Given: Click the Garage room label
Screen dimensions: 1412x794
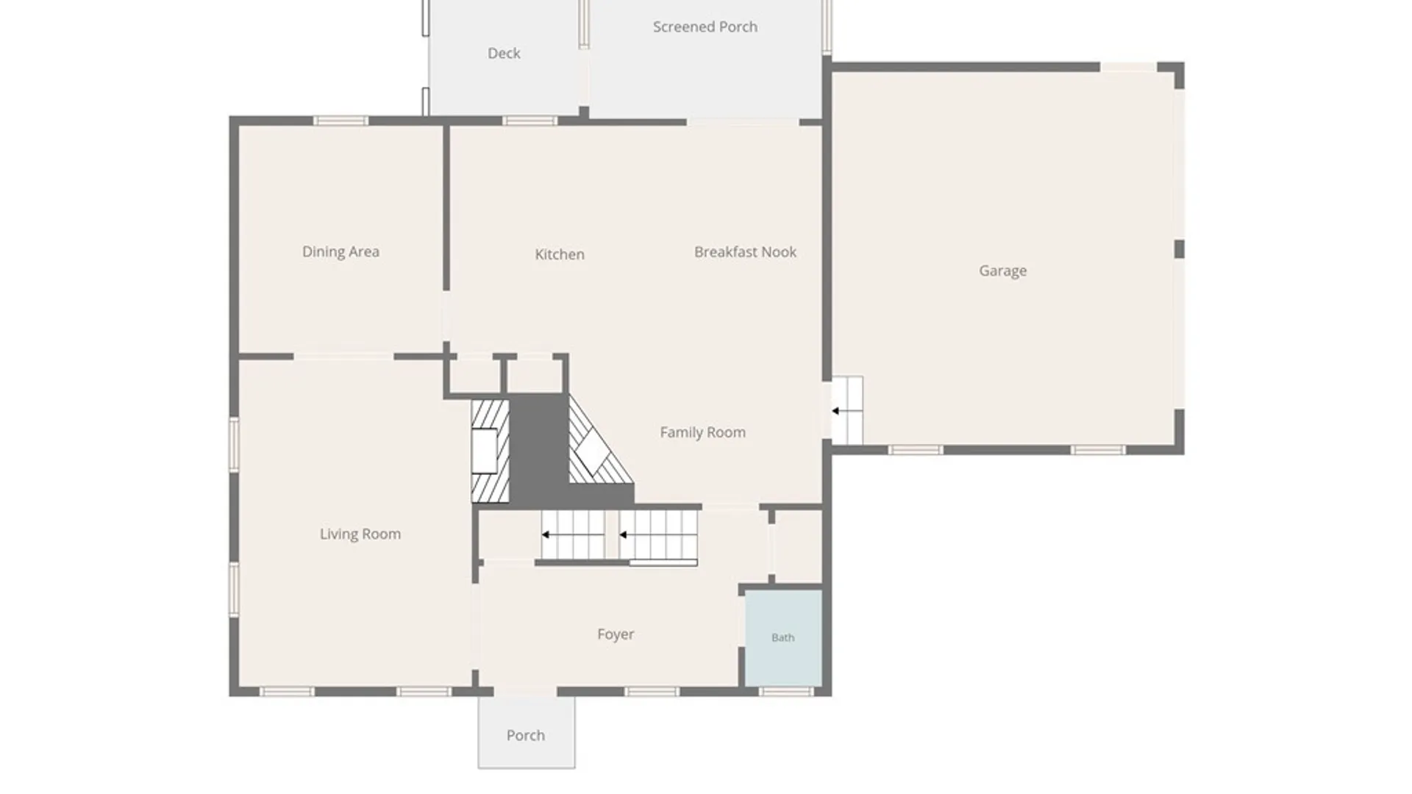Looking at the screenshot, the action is (1002, 271).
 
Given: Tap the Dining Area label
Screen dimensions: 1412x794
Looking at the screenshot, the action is (340, 251).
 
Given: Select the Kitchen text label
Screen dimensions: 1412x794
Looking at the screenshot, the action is (560, 254).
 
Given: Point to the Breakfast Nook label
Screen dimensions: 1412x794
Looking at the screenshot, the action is (745, 252).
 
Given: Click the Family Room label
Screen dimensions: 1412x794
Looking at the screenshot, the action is (702, 432).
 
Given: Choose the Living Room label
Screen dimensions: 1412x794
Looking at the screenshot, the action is (360, 534).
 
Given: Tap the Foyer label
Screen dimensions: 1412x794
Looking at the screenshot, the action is (616, 634).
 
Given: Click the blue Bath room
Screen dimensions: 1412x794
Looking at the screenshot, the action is (784, 638).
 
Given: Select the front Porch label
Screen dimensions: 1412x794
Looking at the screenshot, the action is (526, 735).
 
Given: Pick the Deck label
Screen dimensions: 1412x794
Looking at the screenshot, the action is (504, 53).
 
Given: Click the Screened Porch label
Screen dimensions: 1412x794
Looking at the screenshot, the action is (705, 27).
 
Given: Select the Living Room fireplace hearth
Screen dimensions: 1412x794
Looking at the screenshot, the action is (490, 451).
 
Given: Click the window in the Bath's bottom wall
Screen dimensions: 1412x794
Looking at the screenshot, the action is (786, 692).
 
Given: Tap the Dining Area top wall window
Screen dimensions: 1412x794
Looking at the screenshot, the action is (340, 121).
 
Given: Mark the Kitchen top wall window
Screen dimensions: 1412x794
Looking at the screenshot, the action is (530, 121).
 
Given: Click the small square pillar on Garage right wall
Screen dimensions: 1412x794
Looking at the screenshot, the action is (1179, 248).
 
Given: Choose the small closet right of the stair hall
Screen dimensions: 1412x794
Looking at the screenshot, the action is (799, 546).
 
